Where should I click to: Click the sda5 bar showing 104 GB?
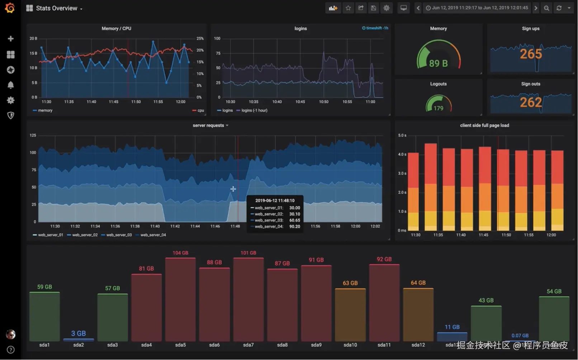tap(180, 299)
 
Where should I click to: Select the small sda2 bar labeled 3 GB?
tap(79, 339)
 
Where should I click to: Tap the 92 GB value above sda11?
tap(384, 259)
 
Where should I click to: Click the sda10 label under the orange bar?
tap(350, 345)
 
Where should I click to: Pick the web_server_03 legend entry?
tap(119, 235)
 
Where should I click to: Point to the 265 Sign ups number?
tap(531, 54)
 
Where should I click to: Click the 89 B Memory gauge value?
tap(438, 63)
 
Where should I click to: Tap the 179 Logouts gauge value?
tap(438, 108)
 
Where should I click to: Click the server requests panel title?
tap(208, 125)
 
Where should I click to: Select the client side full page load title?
tap(484, 125)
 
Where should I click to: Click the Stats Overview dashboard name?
tap(57, 8)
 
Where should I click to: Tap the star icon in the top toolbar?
tap(348, 8)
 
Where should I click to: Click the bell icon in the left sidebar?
tap(11, 85)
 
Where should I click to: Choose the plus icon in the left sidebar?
tap(11, 39)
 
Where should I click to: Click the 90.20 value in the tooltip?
tap(294, 227)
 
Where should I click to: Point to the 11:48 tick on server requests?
tap(235, 226)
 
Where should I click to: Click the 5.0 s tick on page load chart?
tap(402, 136)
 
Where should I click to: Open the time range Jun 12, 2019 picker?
tap(477, 8)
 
